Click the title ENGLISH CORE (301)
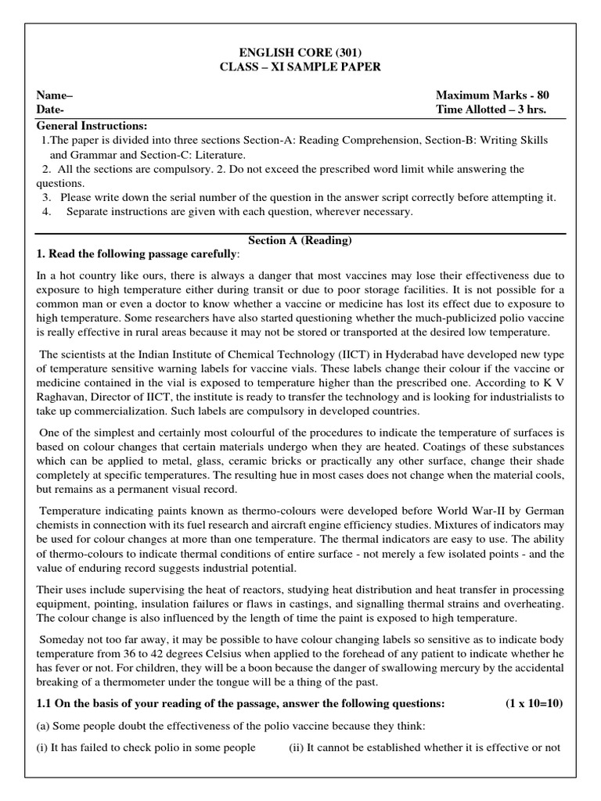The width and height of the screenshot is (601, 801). pos(300,52)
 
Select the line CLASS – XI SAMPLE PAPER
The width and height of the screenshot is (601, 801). pos(300,67)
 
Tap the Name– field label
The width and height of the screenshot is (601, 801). pos(55,95)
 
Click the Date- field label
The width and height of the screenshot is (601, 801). pos(51,110)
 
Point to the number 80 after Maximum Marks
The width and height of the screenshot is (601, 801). pos(542,95)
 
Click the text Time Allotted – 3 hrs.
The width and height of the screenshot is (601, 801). pos(491,110)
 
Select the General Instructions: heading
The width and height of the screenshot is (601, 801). pos(92,126)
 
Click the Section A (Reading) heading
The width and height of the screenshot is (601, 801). pos(300,240)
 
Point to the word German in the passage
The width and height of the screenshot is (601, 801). pos(540,510)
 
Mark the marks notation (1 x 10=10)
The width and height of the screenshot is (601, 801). pos(534,703)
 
